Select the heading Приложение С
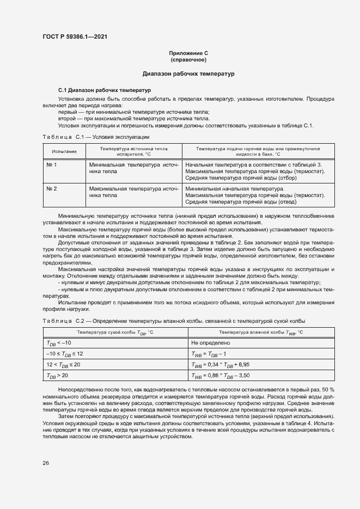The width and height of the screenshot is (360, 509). (x=188, y=53)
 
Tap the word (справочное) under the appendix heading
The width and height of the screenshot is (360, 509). (x=188, y=59)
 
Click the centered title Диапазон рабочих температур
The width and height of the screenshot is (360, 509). (x=188, y=73)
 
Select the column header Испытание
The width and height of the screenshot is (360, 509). (x=64, y=151)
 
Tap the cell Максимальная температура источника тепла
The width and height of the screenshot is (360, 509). (x=133, y=192)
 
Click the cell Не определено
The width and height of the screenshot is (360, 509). (x=210, y=343)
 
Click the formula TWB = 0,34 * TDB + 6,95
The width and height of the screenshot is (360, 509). (x=220, y=364)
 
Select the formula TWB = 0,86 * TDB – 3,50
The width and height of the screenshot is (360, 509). (x=220, y=375)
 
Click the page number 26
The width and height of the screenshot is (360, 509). (x=46, y=463)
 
